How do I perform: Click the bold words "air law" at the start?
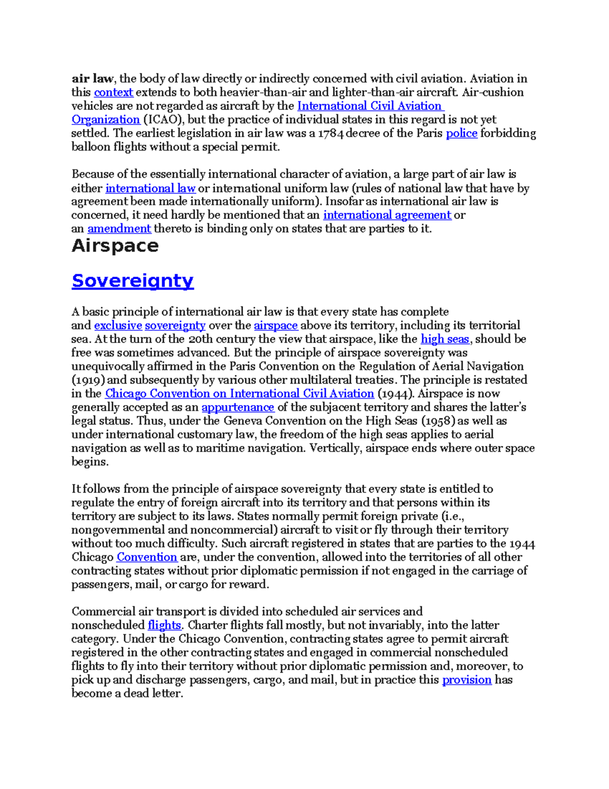[92, 79]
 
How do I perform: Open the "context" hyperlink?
[113, 92]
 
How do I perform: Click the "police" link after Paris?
[461, 134]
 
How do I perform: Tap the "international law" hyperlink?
[150, 188]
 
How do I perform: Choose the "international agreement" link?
[387, 215]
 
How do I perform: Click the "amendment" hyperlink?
[119, 229]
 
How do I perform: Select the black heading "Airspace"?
[115, 246]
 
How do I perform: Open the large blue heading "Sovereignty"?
[132, 280]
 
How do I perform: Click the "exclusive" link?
[118, 326]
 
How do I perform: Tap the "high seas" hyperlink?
[445, 339]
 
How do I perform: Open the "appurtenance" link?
[238, 407]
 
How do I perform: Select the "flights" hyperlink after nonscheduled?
[164, 625]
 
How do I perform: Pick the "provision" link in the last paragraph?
[466, 680]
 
